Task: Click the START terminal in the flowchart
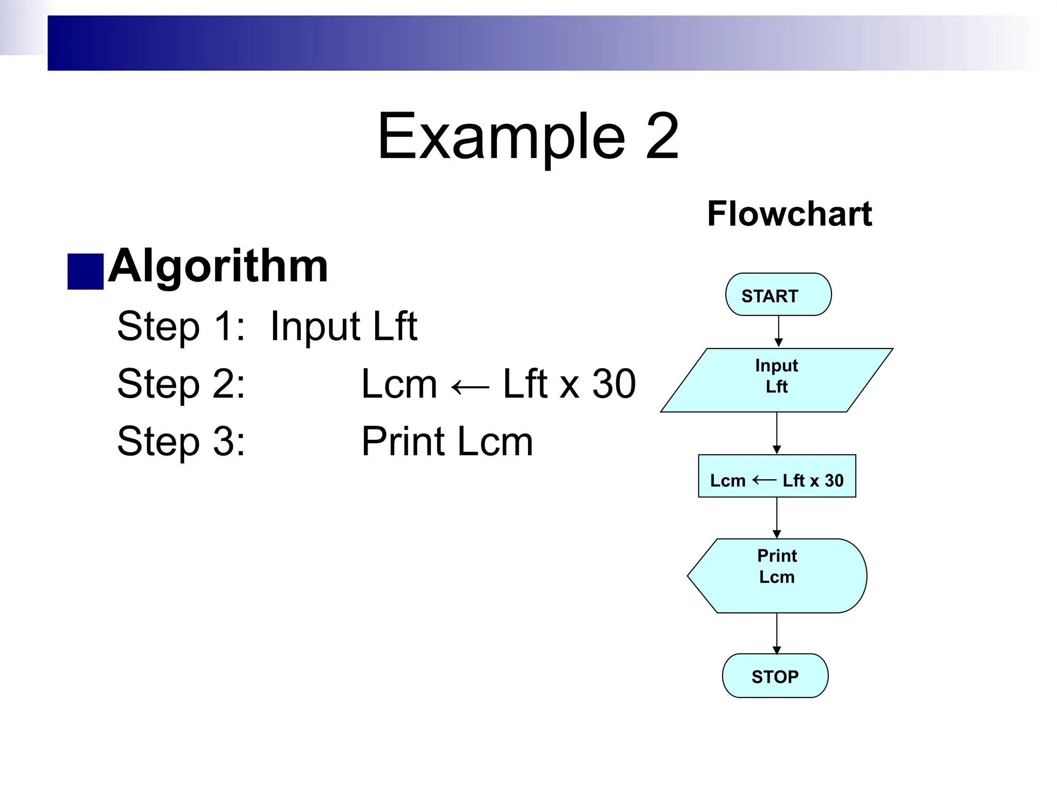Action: pos(778,295)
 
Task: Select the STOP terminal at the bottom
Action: pos(775,676)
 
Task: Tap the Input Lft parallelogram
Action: pos(776,380)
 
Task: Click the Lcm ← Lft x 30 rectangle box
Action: pos(776,476)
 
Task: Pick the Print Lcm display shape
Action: pos(777,576)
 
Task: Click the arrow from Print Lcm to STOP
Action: pos(776,633)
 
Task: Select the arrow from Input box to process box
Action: pos(776,433)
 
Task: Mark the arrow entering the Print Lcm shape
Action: pos(776,518)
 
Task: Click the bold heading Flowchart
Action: pos(789,214)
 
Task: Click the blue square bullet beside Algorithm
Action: pos(85,271)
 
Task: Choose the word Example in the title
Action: pos(501,137)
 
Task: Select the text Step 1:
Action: pos(181,326)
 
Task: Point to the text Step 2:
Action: pos(181,384)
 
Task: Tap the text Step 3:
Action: pos(181,441)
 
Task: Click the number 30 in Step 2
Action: pos(614,384)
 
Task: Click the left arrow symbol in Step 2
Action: pos(470,387)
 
